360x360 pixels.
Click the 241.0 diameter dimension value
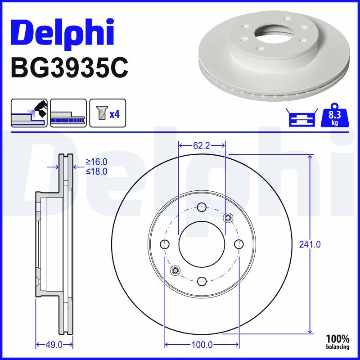pos(310,245)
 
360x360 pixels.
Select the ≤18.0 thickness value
pos(96,171)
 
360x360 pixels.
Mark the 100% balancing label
pos(337,342)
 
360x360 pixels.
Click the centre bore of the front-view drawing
pos(202,244)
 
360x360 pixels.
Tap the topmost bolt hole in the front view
pos(202,207)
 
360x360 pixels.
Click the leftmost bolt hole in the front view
pos(165,244)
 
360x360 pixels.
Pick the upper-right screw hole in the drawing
pos(228,218)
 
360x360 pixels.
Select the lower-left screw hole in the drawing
pos(175,270)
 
